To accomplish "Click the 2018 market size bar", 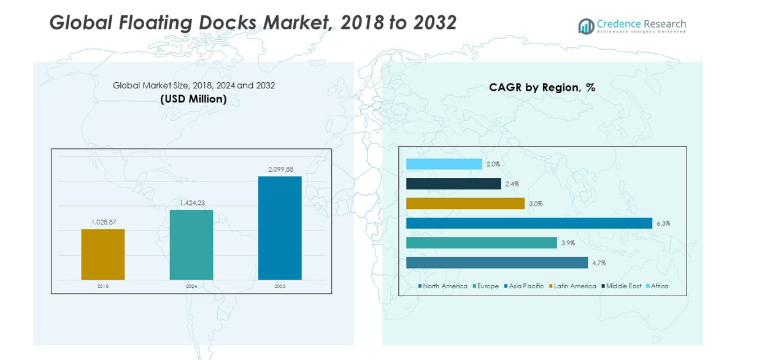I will point(102,255).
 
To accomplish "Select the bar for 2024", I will point(191,245).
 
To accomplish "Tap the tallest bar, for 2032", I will point(280,228).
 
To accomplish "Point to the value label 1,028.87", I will point(104,222).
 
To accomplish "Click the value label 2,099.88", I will point(280,169).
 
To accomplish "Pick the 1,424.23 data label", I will point(192,202).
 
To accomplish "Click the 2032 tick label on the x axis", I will point(280,286).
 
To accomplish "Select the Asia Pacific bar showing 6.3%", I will point(529,223).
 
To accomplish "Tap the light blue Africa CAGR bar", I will point(444,164).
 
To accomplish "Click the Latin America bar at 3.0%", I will point(465,204).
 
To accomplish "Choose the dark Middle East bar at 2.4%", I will point(453,184).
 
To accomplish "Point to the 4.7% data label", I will point(599,263).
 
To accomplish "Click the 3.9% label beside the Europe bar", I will point(568,243).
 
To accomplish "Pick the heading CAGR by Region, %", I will point(542,88).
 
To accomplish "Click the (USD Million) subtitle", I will point(193,99).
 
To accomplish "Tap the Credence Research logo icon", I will point(586,26).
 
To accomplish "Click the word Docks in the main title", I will point(228,23).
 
